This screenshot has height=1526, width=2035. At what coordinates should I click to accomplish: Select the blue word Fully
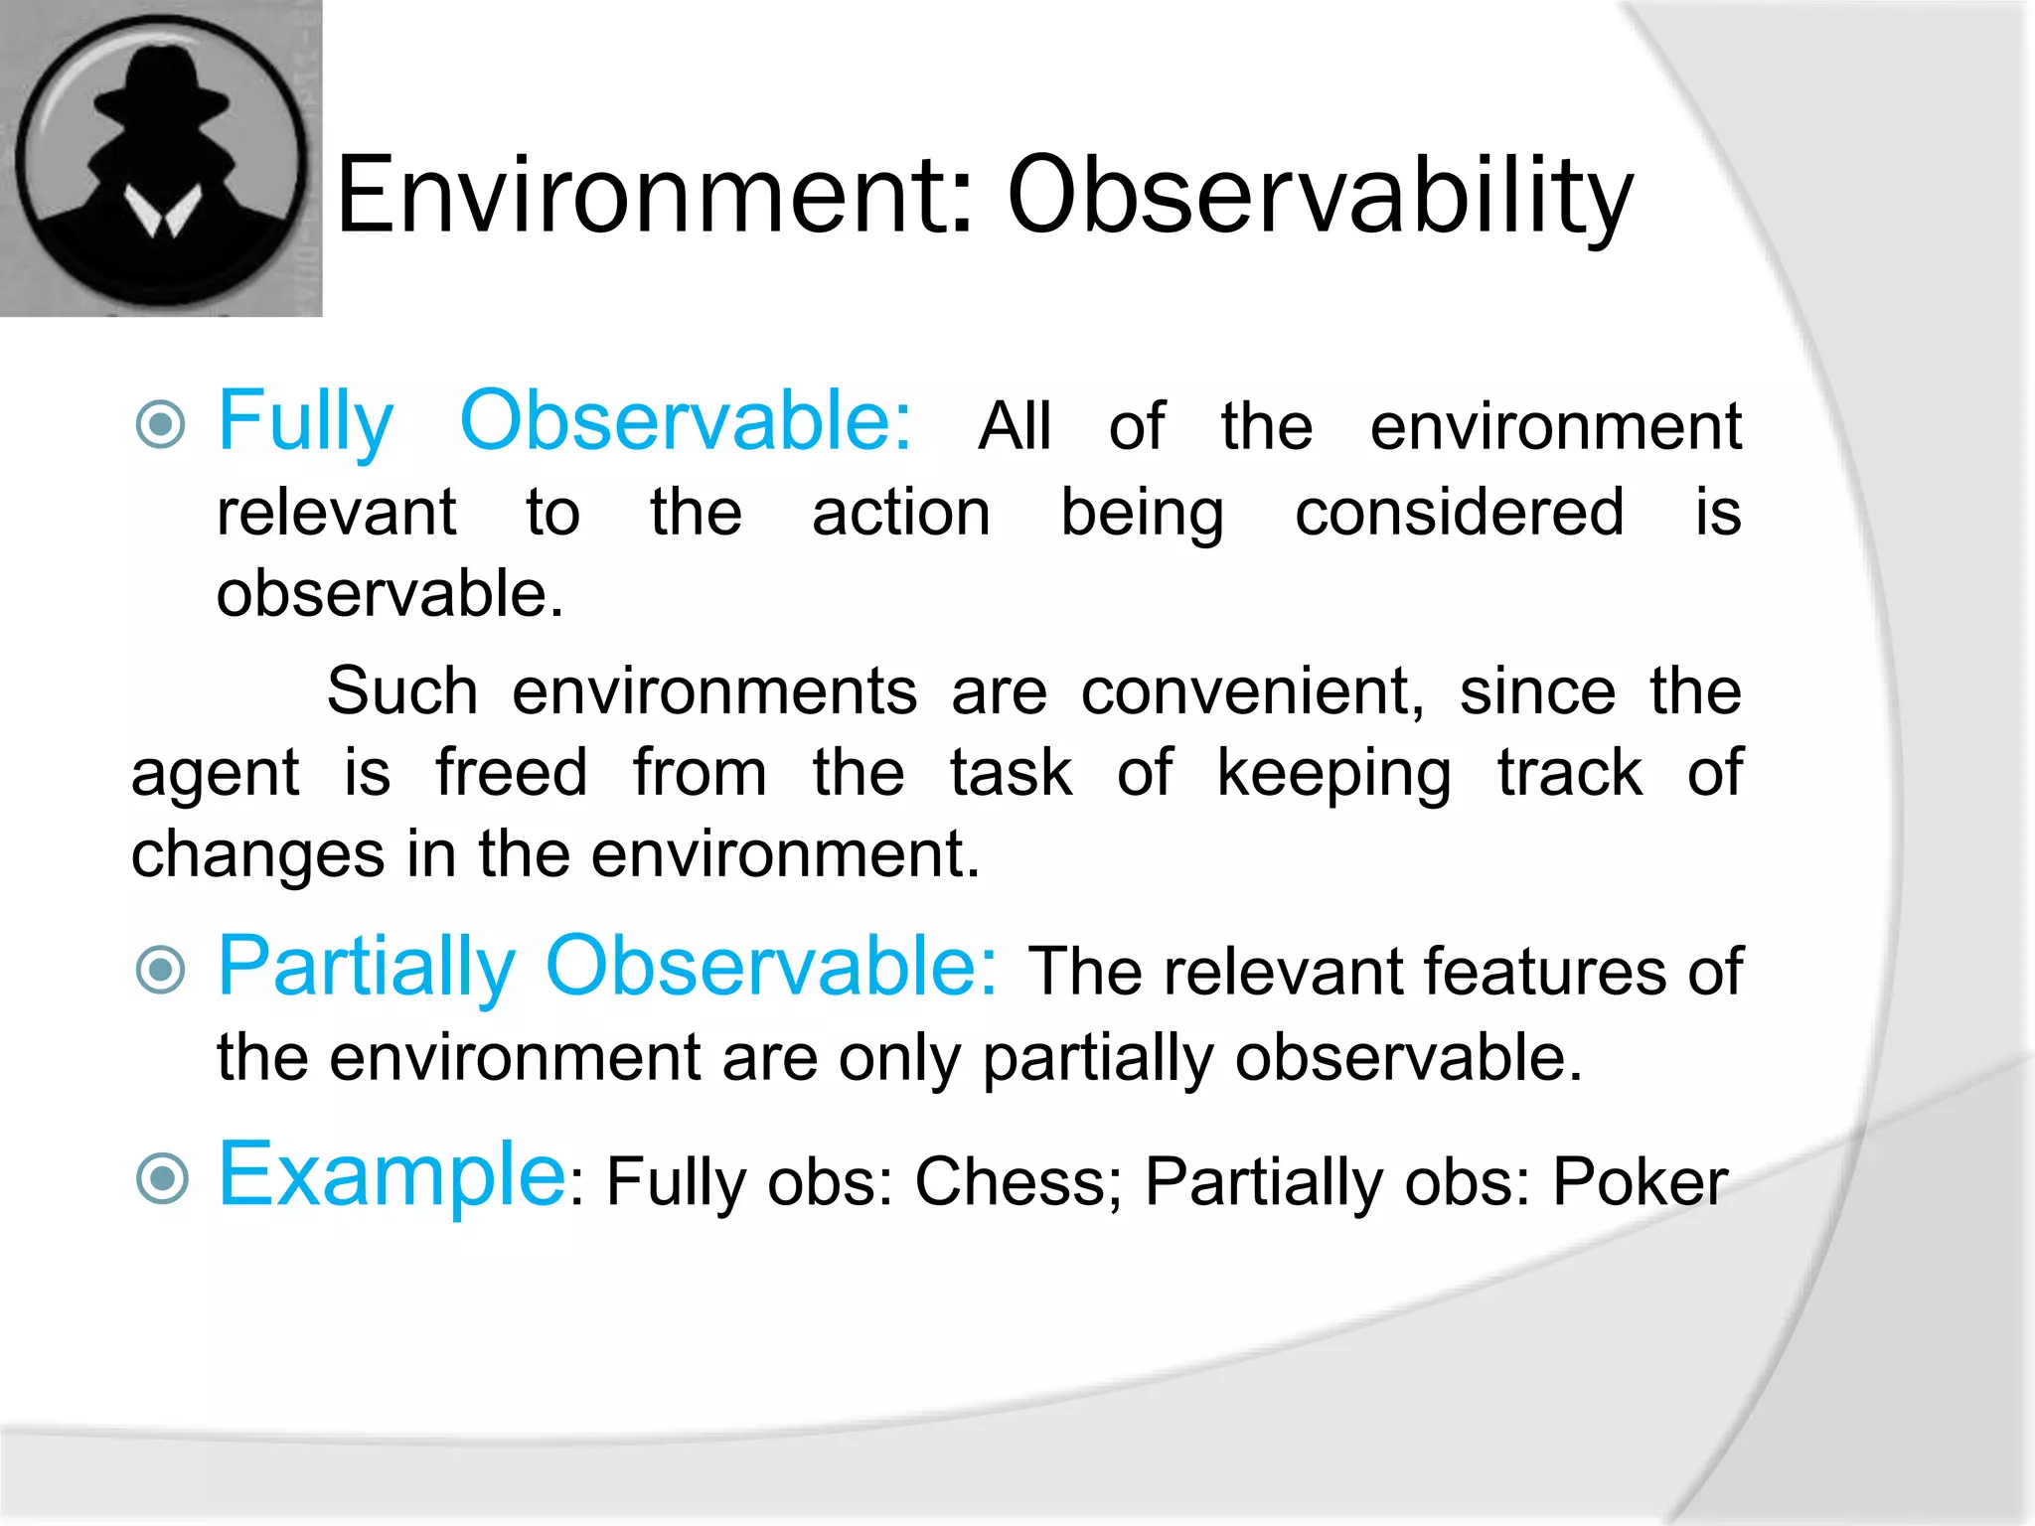tap(306, 423)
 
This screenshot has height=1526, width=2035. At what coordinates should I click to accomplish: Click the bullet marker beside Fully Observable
tap(161, 425)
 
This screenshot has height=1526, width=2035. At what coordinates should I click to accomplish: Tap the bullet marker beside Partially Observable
tap(161, 970)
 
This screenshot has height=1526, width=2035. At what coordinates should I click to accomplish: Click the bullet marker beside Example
tap(161, 1178)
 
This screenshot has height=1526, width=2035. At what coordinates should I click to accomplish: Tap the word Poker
tap(1640, 1182)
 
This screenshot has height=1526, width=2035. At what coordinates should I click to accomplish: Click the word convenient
tap(1252, 691)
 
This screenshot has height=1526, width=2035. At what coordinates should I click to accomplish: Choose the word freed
tap(512, 773)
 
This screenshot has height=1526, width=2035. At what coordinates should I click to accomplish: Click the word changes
tap(257, 854)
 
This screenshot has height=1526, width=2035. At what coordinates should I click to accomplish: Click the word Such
tap(402, 691)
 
